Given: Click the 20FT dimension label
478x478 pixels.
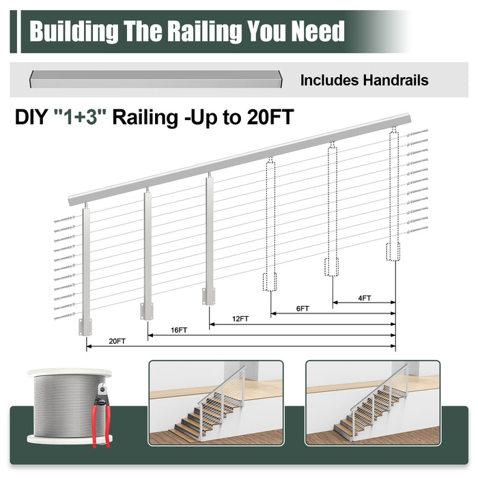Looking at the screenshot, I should click(x=117, y=341).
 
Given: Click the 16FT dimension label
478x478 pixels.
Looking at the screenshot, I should click(x=179, y=330).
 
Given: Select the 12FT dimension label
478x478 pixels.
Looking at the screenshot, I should click(x=240, y=319).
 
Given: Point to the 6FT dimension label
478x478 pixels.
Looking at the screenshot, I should click(x=303, y=309).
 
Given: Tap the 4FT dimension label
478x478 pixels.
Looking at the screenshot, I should click(x=364, y=298).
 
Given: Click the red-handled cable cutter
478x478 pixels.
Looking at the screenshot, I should click(x=101, y=415).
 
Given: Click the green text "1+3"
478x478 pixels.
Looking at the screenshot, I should click(x=81, y=117).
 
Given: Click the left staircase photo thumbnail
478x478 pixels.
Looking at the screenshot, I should click(x=216, y=403).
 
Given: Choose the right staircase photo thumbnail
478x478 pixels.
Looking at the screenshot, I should click(x=372, y=403).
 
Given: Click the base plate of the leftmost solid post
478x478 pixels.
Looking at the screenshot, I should click(x=85, y=326).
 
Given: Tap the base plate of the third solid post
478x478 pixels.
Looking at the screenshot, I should click(x=209, y=296).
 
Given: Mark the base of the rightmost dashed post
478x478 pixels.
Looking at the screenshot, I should click(x=393, y=252).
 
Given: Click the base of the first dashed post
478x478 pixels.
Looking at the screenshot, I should click(x=270, y=282).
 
